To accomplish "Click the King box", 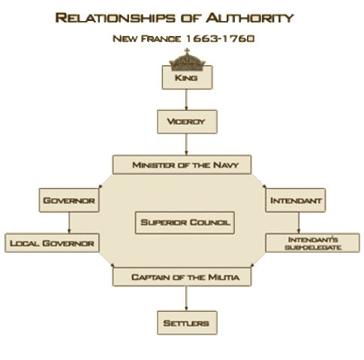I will pos(187,77).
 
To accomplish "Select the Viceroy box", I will pos(186,121).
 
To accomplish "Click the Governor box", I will pos(69,201).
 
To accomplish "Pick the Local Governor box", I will pos(52,243).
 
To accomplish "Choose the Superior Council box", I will pos(185,222).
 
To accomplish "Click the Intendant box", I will pos(296,201).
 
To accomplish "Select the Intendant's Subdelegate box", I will pos(312,243).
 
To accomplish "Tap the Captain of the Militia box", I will pos(185,277).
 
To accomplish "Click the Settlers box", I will pos(187,323).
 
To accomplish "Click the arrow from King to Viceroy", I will pos(187,100).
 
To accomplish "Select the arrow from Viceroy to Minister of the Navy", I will pos(186,143).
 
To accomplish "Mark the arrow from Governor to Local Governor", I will pos(69,223).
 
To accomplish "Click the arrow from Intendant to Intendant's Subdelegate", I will pos(299,223).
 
